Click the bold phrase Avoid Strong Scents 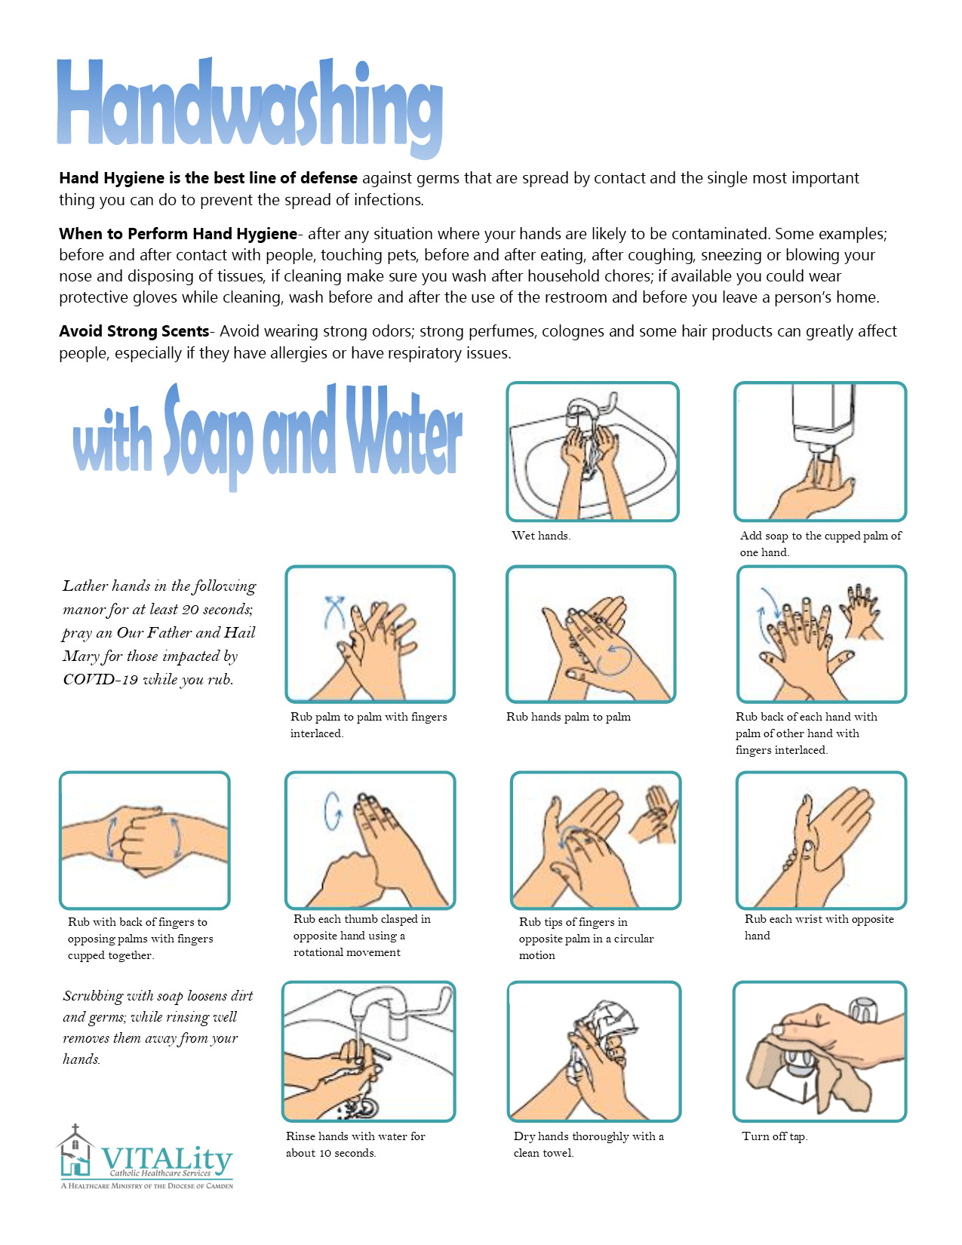[x=134, y=331]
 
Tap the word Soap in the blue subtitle [x=208, y=437]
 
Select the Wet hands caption [x=541, y=536]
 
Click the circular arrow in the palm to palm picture [x=613, y=659]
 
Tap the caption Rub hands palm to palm [x=568, y=717]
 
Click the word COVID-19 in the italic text [x=100, y=680]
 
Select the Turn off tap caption [x=775, y=1136]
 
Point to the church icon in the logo [x=75, y=1148]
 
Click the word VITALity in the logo [x=167, y=1158]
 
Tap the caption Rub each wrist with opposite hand [x=819, y=927]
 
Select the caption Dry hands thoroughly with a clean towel [x=589, y=1144]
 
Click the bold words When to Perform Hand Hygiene [x=178, y=234]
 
